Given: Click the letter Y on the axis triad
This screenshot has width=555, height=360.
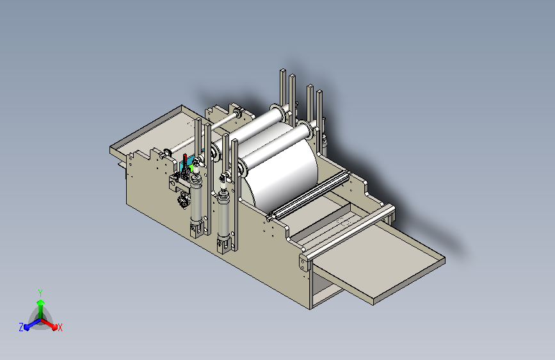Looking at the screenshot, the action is point(40,293).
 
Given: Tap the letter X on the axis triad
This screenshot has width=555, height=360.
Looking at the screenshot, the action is point(60,328).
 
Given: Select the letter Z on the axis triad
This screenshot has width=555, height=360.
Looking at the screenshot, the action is point(21,327).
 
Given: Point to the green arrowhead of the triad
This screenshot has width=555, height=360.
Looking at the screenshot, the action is point(41,302).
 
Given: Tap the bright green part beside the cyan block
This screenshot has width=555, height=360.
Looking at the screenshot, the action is point(191,167).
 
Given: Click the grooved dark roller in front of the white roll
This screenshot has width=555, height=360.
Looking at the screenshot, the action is point(309,195).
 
